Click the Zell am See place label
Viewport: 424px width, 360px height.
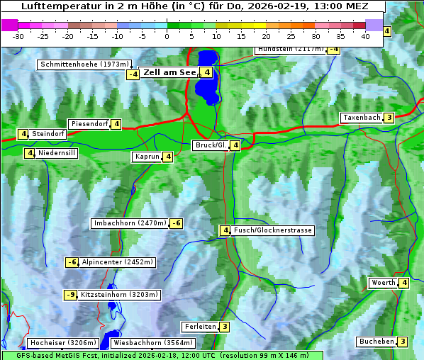[169, 72]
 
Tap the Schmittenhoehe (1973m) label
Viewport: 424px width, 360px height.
[84, 64]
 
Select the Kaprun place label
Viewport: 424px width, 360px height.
[147, 157]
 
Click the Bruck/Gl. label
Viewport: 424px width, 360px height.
[211, 145]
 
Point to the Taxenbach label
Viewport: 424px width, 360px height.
[361, 118]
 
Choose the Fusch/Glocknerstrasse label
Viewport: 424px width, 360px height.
[273, 230]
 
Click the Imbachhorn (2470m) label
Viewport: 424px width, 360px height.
[130, 223]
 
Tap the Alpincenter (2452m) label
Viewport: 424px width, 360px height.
[117, 262]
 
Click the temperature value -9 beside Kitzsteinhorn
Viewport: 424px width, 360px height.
[70, 295]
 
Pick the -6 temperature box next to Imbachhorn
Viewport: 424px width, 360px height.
[177, 223]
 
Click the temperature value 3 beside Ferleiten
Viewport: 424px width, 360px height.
[224, 327]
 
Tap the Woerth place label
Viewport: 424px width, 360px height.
[383, 283]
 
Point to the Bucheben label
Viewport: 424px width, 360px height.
[376, 342]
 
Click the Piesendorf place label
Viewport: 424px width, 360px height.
[89, 124]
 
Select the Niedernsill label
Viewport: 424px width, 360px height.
[57, 152]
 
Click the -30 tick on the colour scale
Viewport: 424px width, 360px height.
[18, 36]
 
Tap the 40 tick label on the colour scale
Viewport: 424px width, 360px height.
[365, 36]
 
